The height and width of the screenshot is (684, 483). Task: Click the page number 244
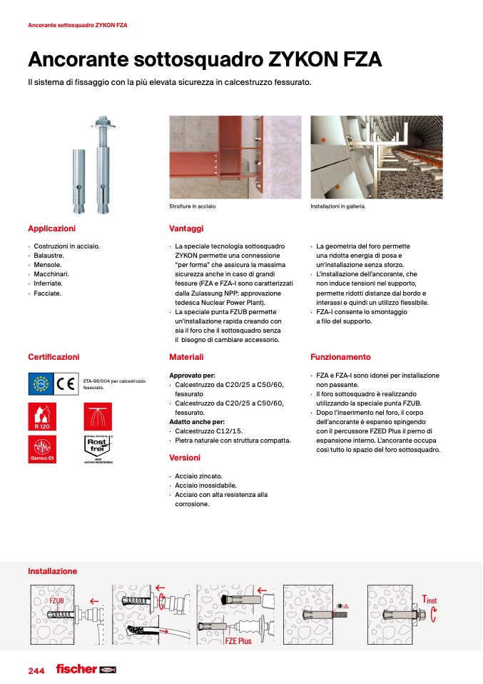(x=36, y=671)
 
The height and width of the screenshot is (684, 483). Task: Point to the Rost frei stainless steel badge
(x=98, y=448)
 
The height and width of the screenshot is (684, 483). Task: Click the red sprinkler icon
(x=98, y=416)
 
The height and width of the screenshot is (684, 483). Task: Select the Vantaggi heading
(x=186, y=228)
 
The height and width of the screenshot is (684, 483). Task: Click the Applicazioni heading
(x=51, y=228)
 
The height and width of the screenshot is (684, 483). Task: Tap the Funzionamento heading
(x=340, y=357)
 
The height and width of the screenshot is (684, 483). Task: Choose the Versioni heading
(x=185, y=458)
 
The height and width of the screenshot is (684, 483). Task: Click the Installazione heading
(x=52, y=571)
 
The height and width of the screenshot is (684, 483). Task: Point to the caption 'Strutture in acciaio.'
(x=193, y=206)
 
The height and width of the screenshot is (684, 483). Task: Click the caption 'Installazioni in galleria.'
(x=337, y=206)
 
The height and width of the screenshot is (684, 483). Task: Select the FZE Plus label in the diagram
(x=238, y=641)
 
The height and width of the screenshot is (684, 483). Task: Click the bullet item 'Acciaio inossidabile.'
(x=200, y=486)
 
